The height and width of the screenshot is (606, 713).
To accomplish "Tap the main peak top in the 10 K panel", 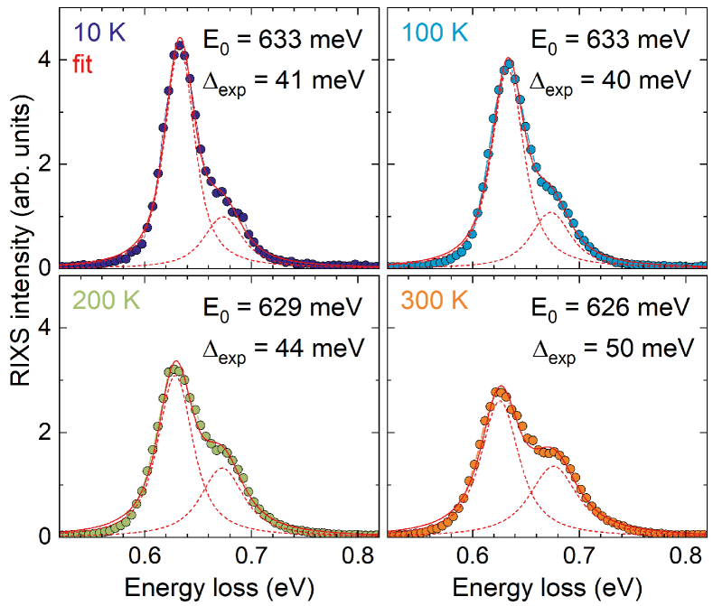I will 179,42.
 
